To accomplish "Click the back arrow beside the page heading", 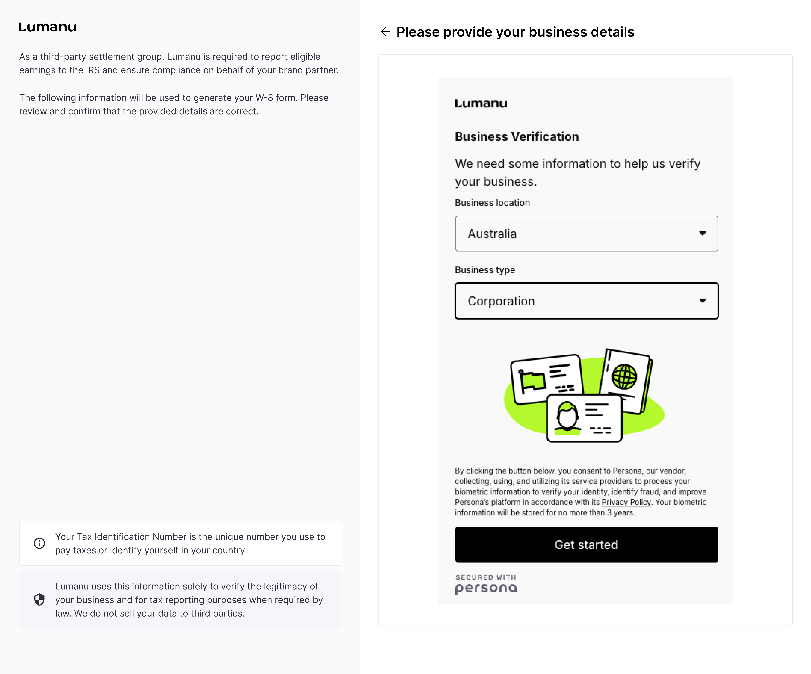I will click(385, 32).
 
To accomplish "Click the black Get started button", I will click(586, 545).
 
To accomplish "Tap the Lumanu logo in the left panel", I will click(47, 27).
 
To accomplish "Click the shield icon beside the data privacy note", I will click(39, 600).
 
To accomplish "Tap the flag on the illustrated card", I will click(533, 381).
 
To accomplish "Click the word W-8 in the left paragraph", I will click(264, 98).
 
